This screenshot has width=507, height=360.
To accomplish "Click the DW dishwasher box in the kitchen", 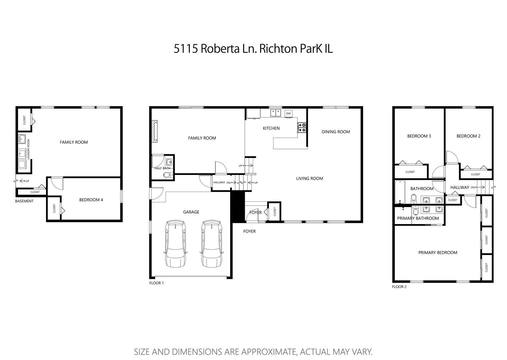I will [x=288, y=114].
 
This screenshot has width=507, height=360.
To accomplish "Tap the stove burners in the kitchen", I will [x=302, y=128].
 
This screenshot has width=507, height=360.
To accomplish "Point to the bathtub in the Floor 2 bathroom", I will [x=400, y=192].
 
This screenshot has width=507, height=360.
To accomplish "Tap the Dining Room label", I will [x=335, y=132].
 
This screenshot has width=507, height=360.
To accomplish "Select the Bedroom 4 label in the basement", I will [x=91, y=200].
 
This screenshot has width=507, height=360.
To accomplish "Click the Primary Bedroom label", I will [x=437, y=252].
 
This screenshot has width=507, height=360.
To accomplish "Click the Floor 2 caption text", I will [x=399, y=287].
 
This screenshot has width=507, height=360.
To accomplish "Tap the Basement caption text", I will [x=24, y=201].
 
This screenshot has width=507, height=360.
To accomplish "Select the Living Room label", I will [x=309, y=178].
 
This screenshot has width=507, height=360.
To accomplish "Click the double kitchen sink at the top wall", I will [x=275, y=113].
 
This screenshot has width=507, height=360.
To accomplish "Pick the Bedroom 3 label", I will [x=419, y=136].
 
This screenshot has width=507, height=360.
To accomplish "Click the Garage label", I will [x=191, y=212].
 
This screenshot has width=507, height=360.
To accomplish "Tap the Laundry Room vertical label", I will [x=29, y=148].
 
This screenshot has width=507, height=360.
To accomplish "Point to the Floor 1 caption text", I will [x=156, y=283].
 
